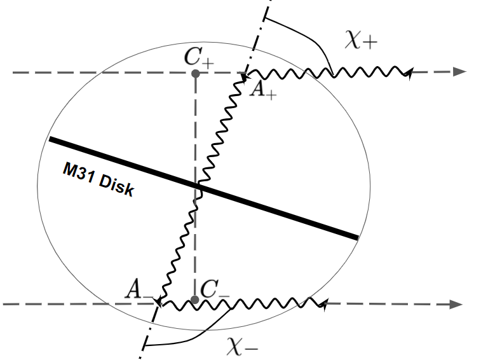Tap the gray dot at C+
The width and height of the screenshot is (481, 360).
tap(196, 74)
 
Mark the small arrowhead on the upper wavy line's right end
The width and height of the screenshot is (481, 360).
tap(408, 73)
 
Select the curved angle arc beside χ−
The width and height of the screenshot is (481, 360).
tap(191, 337)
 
